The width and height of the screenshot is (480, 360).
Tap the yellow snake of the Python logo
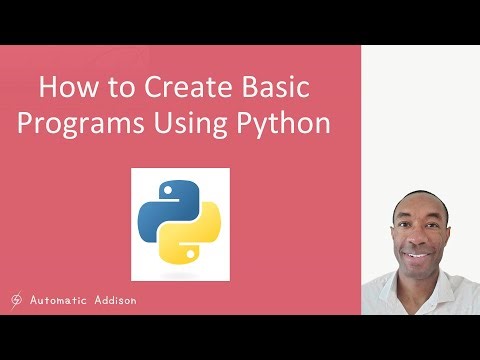(197, 240)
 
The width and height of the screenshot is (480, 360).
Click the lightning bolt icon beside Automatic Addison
(17, 299)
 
